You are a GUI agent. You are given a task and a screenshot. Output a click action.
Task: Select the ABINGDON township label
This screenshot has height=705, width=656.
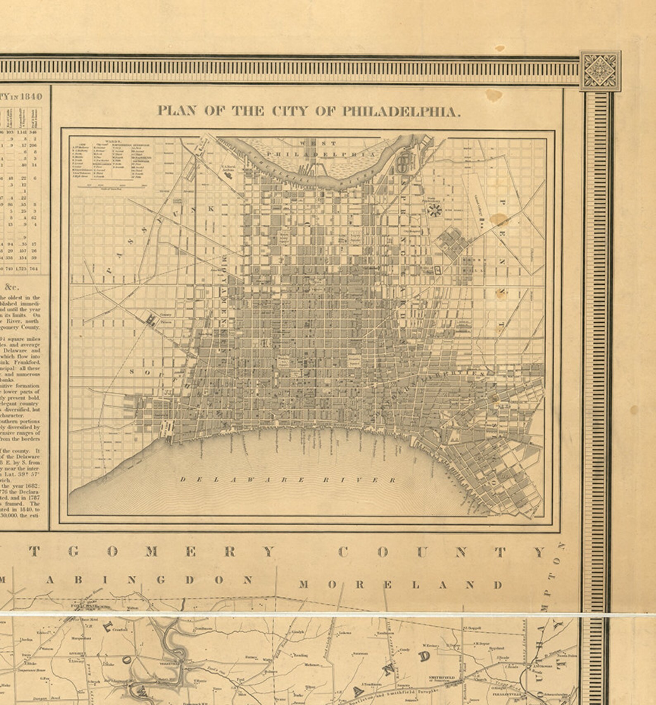tap(149, 580)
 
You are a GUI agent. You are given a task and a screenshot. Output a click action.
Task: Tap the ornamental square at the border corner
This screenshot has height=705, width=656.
tap(599, 71)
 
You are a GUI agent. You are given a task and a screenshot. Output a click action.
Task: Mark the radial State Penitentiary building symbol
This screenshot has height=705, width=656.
tap(434, 211)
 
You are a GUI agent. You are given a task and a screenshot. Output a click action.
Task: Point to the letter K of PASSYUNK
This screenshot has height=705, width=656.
tap(211, 209)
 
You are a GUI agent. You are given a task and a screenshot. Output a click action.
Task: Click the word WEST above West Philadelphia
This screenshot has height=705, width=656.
tap(318, 143)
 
